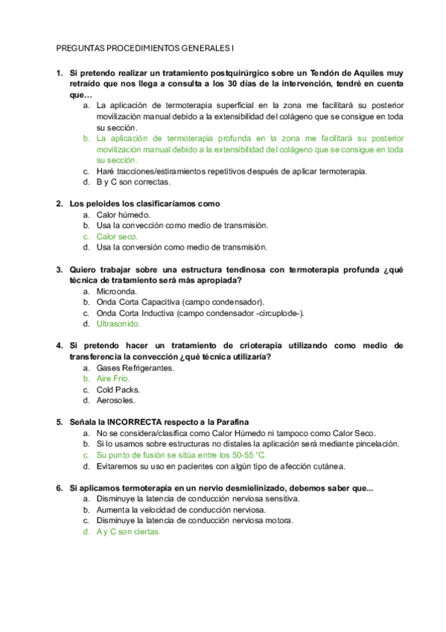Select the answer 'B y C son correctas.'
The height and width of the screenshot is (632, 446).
[x=124, y=181]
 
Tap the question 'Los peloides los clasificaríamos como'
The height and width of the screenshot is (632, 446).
[x=144, y=203]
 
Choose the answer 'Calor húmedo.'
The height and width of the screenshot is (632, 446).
[x=123, y=215]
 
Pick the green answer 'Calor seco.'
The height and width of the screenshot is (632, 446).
[x=118, y=236]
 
